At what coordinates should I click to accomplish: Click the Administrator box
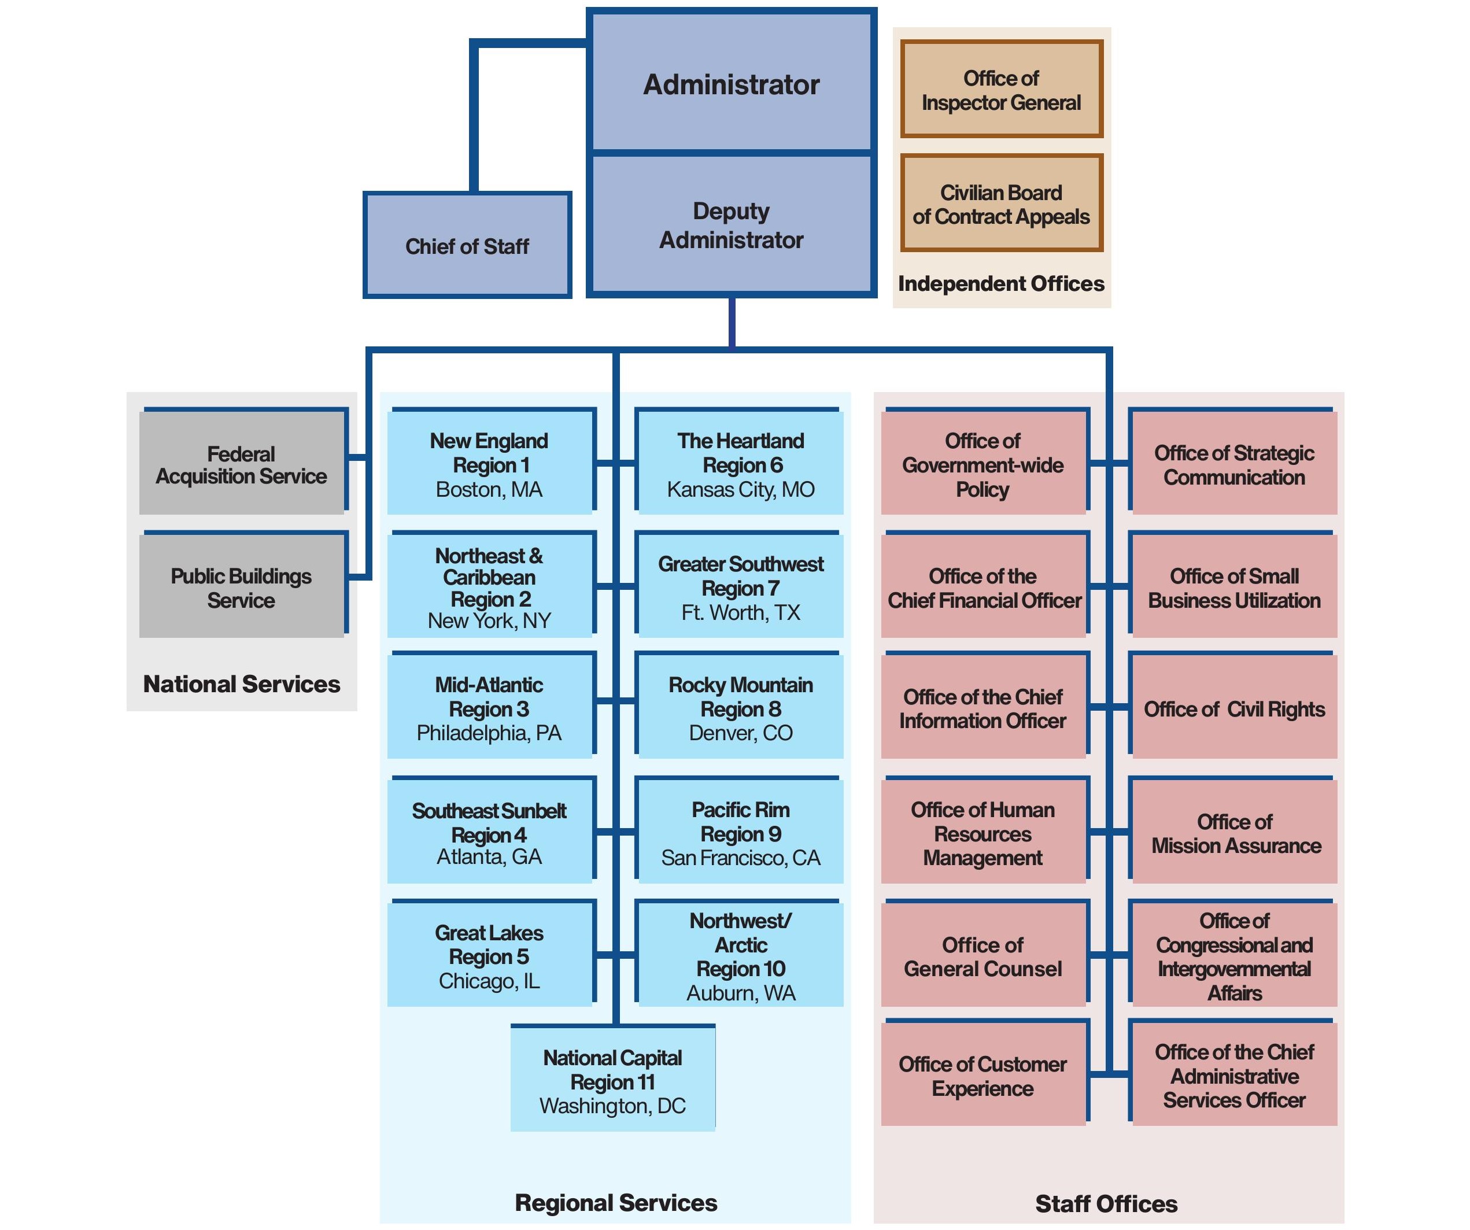731,84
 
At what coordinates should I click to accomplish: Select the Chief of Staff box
467,246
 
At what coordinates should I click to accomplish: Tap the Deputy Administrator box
731,225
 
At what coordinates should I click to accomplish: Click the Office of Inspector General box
1001,90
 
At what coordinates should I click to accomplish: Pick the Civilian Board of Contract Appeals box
1001,204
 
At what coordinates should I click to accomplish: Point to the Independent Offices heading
1001,283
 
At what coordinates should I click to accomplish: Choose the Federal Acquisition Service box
242,464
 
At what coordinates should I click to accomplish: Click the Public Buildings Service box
242,588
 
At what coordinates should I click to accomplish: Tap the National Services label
242,684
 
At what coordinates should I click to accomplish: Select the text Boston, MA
489,489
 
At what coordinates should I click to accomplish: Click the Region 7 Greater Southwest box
741,588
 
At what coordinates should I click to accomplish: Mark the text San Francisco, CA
741,858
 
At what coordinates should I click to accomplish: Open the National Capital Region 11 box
612,1081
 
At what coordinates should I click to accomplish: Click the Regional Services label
616,1202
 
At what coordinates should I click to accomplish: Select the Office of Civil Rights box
1234,708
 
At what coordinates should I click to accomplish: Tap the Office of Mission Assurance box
1234,833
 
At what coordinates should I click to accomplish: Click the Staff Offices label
1106,1203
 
